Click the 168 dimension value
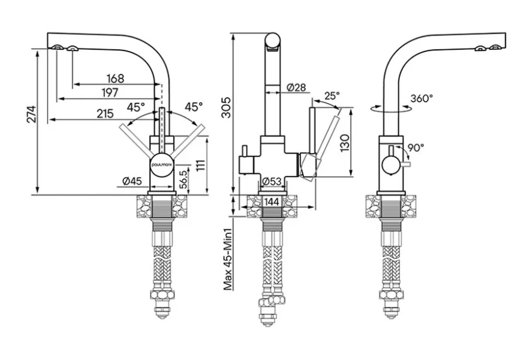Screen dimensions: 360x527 115,79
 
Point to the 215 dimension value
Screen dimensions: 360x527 105,113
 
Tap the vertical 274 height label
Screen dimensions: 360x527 32,115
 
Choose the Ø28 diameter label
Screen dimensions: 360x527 296,88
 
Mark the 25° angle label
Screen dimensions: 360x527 331,95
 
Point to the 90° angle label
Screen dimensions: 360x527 416,147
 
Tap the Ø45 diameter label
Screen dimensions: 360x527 132,181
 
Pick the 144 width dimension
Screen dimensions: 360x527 272,202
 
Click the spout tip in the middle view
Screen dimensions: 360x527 273,41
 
